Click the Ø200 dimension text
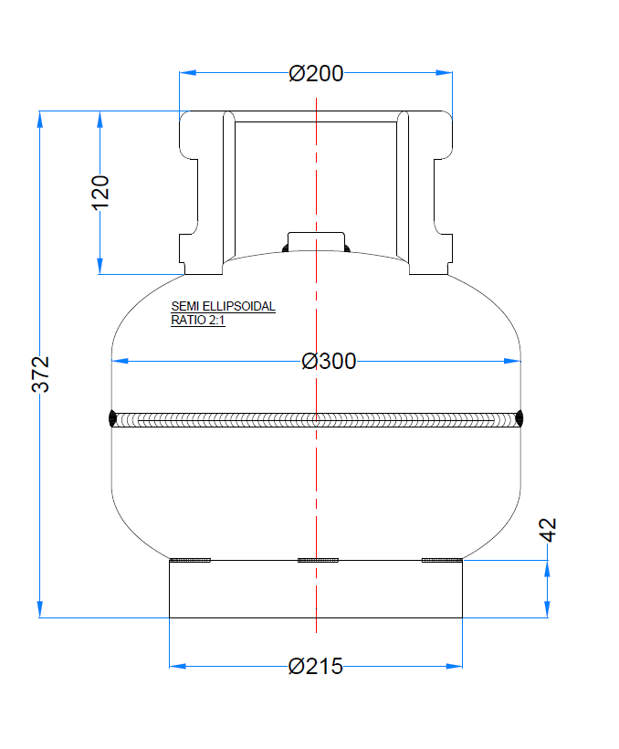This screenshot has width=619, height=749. pyautogui.click(x=316, y=74)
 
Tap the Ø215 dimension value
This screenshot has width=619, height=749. pyautogui.click(x=316, y=667)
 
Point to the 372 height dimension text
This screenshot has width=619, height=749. pyautogui.click(x=41, y=374)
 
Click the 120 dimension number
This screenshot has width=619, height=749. pyautogui.click(x=100, y=192)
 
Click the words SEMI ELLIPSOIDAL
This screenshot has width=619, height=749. pyautogui.click(x=223, y=307)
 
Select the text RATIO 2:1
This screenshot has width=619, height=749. pyautogui.click(x=198, y=321)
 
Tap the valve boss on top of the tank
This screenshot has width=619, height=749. pyautogui.click(x=316, y=242)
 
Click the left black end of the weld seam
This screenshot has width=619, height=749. pyautogui.click(x=112, y=419)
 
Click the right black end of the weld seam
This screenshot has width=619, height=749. pyautogui.click(x=519, y=419)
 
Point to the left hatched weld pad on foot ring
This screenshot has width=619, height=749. pyautogui.click(x=191, y=560)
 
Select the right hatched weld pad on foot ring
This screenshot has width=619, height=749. pyautogui.click(x=442, y=560)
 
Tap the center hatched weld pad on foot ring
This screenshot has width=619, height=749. pyautogui.click(x=318, y=560)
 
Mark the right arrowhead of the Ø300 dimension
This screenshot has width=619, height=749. pyautogui.click(x=513, y=362)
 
